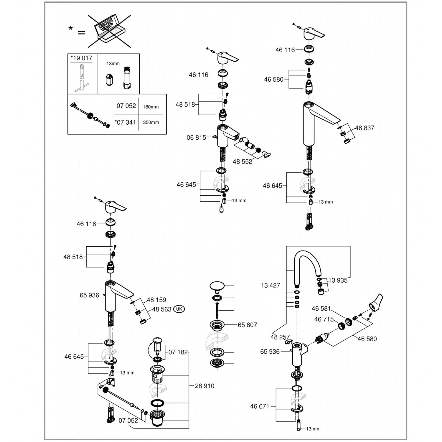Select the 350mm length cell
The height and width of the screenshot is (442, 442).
coord(151,123)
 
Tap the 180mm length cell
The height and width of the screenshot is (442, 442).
coord(151,107)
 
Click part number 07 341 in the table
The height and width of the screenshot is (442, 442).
coord(126,122)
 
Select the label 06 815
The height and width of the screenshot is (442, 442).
coord(196,138)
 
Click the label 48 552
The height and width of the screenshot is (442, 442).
coord(243,161)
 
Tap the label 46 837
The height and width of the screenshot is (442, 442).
coord(365,128)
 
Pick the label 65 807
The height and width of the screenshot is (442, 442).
coord(247,325)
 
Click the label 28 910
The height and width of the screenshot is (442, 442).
coord(204,386)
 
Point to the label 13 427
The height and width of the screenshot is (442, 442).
coord(271,285)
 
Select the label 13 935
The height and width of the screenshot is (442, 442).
coord(338,281)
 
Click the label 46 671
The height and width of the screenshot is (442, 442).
coord(260,406)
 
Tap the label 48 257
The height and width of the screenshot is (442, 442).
coord(280,337)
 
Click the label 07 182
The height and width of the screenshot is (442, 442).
coord(178,352)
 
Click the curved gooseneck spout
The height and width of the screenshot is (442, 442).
coord(306,259)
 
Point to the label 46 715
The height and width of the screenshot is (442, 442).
coord(324,319)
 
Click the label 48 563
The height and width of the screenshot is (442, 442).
coord(161,309)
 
